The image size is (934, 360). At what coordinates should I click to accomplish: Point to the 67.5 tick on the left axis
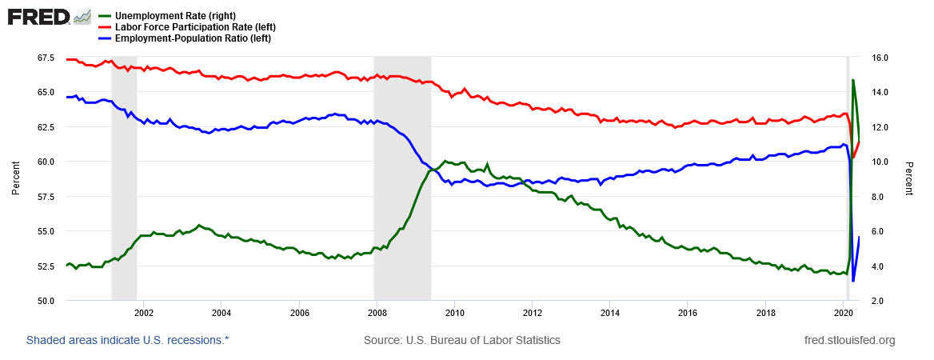(45, 58)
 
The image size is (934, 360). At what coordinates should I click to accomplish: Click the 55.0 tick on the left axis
(45, 231)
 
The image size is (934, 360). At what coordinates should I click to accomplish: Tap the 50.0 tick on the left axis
(45, 301)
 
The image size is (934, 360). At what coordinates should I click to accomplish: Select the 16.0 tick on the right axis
(879, 58)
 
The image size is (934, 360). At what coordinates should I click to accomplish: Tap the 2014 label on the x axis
(610, 312)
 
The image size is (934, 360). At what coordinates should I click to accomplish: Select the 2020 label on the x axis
(844, 312)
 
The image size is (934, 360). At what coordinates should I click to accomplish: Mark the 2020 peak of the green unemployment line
(853, 80)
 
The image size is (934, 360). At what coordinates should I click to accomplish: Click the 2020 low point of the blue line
(853, 281)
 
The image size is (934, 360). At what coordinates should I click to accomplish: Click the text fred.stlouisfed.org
(850, 340)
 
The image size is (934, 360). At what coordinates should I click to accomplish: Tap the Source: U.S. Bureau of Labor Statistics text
(462, 340)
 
